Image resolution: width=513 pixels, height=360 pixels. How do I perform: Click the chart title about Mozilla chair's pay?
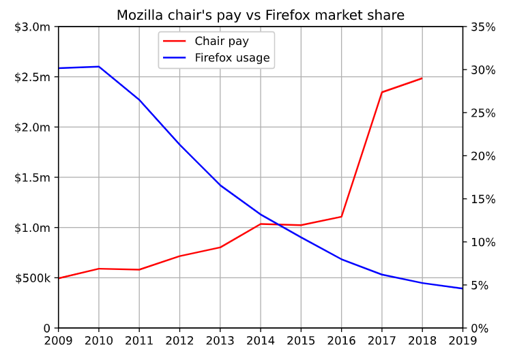(x=260, y=15)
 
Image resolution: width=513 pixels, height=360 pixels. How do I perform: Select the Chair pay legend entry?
(x=222, y=41)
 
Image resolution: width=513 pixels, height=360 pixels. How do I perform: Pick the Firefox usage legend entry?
(x=232, y=58)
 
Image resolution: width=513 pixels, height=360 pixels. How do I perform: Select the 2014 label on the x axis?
(x=260, y=340)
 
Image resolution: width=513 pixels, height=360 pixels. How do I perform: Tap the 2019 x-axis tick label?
(x=462, y=340)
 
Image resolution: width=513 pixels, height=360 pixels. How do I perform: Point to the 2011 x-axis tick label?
(x=139, y=340)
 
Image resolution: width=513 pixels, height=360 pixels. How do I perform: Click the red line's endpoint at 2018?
(x=422, y=78)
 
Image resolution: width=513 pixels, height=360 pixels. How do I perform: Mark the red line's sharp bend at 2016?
(x=341, y=217)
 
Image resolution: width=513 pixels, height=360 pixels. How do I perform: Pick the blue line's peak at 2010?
(x=99, y=67)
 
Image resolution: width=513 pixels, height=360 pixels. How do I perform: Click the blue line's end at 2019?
(x=462, y=288)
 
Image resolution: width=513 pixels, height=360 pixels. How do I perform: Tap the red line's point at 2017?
(x=381, y=92)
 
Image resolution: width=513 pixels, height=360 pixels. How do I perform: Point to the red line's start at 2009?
(x=59, y=278)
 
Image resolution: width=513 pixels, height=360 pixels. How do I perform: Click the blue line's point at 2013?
(x=220, y=185)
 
